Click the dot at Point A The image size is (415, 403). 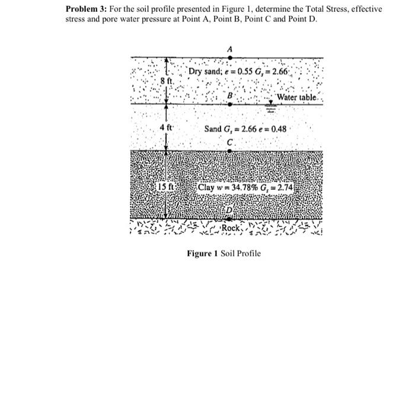(x=229, y=57)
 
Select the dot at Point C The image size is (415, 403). (x=230, y=150)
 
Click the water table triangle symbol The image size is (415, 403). (x=270, y=104)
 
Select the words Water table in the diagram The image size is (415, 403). (x=299, y=97)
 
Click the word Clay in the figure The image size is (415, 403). (x=207, y=187)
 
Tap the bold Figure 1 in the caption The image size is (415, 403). (x=202, y=253)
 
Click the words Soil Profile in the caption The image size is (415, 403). (x=240, y=253)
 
